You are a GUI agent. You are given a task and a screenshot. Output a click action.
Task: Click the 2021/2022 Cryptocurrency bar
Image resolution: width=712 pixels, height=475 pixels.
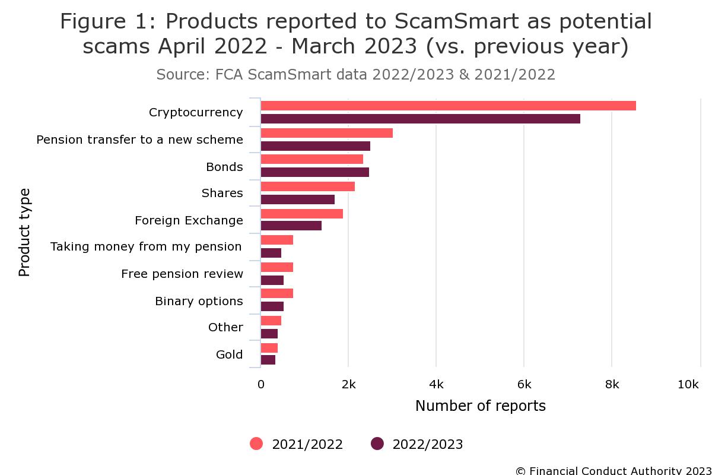click(x=448, y=106)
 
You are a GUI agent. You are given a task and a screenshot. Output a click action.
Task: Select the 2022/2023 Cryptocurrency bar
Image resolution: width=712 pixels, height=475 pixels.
click(x=420, y=119)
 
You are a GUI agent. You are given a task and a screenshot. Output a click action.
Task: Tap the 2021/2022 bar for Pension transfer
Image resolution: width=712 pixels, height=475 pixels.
click(x=326, y=133)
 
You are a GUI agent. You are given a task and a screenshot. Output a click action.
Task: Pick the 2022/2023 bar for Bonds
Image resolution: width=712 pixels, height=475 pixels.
click(x=314, y=172)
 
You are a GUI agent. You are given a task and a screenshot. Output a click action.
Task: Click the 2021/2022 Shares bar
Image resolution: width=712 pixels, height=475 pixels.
click(x=307, y=186)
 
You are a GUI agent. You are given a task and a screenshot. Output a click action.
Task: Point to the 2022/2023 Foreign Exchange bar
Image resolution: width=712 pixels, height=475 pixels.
click(x=291, y=226)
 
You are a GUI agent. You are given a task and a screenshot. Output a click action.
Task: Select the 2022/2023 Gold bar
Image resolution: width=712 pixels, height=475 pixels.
click(x=268, y=360)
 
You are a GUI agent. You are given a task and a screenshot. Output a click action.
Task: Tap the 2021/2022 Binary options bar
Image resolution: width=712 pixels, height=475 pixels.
click(x=276, y=293)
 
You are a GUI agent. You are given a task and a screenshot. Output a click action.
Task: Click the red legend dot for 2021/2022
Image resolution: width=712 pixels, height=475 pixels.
click(x=256, y=444)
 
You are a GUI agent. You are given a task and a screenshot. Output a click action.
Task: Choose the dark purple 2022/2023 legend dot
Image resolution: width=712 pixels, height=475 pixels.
click(x=377, y=444)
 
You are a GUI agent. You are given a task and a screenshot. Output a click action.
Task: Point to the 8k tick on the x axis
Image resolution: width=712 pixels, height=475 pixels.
click(x=612, y=385)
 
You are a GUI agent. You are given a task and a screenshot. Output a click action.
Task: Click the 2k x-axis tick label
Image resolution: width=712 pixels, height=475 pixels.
click(x=348, y=385)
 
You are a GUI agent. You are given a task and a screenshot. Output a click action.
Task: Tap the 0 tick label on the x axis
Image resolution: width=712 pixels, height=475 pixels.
click(x=261, y=385)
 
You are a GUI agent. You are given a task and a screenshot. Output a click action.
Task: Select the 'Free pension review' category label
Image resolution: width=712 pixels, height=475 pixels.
click(x=182, y=274)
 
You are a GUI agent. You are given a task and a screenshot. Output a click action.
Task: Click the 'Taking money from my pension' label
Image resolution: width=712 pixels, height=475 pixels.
click(x=146, y=246)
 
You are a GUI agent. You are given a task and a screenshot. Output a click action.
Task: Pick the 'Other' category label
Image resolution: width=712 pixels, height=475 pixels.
click(x=225, y=327)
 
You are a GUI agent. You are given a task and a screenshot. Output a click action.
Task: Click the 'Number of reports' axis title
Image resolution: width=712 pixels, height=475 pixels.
click(x=480, y=406)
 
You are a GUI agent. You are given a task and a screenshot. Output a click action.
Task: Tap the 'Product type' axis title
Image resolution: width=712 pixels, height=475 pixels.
click(x=24, y=232)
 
